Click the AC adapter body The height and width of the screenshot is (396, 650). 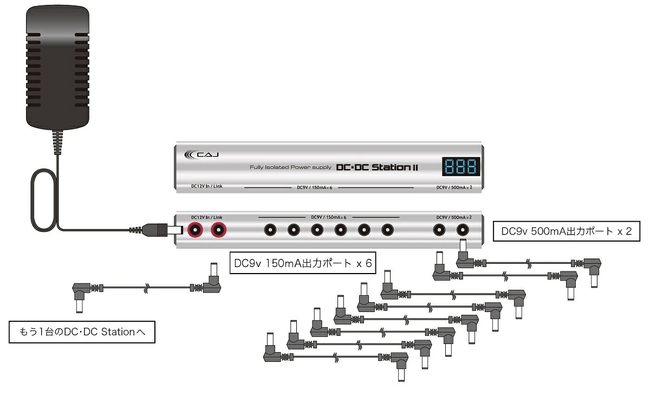[57, 68]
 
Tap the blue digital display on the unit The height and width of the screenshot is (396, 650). [461, 166]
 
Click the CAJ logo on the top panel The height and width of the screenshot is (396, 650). [201, 154]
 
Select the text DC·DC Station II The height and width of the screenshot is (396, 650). [377, 167]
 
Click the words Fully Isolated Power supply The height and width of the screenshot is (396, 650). [290, 167]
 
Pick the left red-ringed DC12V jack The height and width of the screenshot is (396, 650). [195, 230]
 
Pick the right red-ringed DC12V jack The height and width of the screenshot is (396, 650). [218, 230]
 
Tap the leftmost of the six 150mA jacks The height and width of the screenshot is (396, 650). [270, 230]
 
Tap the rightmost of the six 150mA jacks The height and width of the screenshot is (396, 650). [387, 230]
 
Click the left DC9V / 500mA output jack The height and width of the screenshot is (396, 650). [439, 230]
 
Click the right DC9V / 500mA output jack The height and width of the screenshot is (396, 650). [463, 230]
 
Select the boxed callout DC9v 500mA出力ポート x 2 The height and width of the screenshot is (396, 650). [567, 231]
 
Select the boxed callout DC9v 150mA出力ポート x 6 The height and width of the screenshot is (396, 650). [303, 263]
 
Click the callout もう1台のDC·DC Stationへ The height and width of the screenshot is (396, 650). [82, 332]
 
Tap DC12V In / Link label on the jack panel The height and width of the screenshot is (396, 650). [206, 217]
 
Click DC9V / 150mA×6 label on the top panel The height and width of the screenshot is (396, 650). [314, 187]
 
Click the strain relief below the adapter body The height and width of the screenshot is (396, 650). [57, 142]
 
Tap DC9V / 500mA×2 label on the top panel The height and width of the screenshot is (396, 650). [454, 187]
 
